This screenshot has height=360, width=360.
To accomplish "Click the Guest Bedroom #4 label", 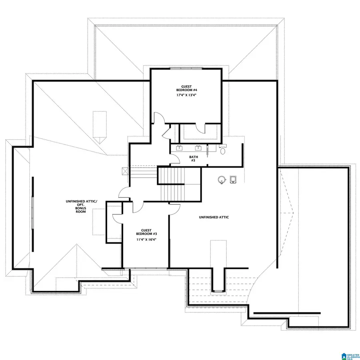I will (186, 88).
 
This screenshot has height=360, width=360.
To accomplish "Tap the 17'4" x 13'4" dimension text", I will (186, 95).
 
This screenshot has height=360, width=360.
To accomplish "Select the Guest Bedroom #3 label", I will (146, 232).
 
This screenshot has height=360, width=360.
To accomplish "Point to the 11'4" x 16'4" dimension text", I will (146, 239).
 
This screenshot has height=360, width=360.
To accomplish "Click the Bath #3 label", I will (192, 158).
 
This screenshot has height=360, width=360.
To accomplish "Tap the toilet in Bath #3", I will (223, 151).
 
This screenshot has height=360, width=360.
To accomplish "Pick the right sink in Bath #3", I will (198, 148).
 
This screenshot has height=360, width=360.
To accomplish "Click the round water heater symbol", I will (221, 179).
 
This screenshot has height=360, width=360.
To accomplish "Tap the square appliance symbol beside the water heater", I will (234, 179).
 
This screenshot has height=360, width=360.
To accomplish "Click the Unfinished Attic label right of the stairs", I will (214, 217).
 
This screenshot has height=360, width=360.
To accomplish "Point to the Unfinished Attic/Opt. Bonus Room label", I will (82, 206).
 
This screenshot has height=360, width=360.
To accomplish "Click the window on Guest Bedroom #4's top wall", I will (186, 69).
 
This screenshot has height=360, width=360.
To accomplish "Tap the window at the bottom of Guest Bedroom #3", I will (146, 268).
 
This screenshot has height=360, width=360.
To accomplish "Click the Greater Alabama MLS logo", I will (349, 356).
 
